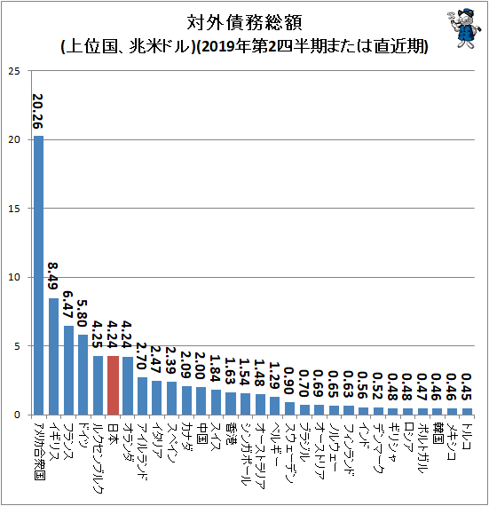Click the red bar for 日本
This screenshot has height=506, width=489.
click(x=113, y=385)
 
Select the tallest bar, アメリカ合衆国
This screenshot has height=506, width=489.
click(x=38, y=275)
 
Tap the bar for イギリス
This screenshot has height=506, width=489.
click(x=53, y=357)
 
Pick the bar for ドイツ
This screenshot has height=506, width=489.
click(x=83, y=375)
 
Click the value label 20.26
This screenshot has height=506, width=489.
click(x=38, y=111)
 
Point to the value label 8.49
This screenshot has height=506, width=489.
click(x=53, y=276)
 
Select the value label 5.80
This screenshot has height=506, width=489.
click(x=83, y=313)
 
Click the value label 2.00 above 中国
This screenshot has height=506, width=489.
click(x=201, y=366)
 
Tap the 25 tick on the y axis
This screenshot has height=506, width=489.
click(x=14, y=71)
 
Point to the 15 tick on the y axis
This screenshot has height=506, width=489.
click(x=14, y=209)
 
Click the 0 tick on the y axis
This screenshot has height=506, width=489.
click(x=17, y=415)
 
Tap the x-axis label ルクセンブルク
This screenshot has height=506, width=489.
click(x=98, y=457)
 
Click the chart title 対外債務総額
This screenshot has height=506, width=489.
click(x=244, y=23)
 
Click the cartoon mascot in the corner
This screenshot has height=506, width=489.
click(x=464, y=28)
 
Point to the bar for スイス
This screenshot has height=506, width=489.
click(x=216, y=402)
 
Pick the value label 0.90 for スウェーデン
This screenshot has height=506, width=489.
click(x=289, y=381)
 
